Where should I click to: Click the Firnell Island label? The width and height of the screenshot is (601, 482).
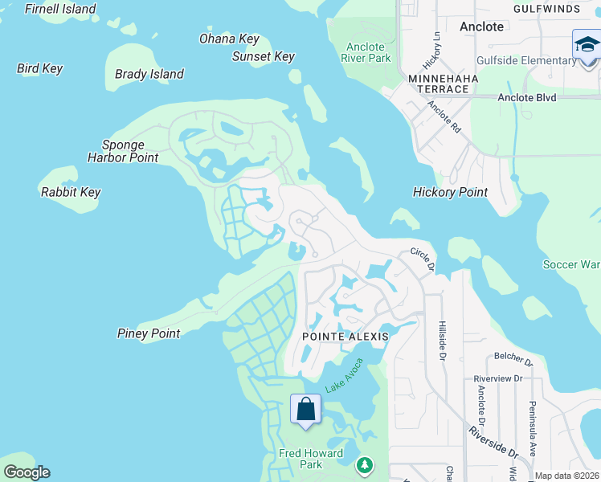[60, 10]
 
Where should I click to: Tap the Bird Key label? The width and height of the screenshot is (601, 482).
[39, 68]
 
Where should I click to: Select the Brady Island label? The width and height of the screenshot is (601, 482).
[149, 74]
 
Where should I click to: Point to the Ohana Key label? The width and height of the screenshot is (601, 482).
[229, 39]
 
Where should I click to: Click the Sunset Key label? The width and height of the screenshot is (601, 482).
[263, 56]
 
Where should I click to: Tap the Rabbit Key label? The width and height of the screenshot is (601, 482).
[71, 192]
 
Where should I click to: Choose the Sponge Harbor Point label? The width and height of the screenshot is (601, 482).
[123, 151]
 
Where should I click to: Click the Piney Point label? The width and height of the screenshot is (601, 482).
[149, 333]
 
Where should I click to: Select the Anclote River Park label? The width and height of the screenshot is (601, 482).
[366, 52]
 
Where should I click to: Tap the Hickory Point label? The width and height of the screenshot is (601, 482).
[450, 192]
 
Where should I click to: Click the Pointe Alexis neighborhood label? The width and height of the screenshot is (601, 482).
[345, 337]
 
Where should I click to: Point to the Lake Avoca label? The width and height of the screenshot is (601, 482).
[345, 375]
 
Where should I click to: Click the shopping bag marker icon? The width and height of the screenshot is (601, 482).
[305, 409]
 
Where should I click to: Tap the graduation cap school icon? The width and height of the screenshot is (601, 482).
[587, 44]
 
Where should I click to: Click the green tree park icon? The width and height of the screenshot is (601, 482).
[365, 464]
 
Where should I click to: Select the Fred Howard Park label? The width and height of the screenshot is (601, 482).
[311, 459]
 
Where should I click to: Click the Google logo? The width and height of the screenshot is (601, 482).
[27, 472]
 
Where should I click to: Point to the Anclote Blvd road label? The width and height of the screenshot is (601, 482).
[526, 97]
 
